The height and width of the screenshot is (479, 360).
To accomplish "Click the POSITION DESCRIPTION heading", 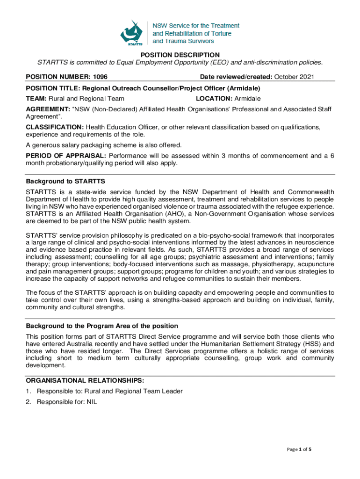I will click(x=180, y=55).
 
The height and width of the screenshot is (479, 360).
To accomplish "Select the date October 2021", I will click(x=294, y=77).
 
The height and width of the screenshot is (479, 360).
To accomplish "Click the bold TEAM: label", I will click(x=36, y=98).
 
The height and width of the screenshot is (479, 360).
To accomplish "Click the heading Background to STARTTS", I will click(x=65, y=181).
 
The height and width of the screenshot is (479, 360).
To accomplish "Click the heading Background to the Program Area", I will click(x=101, y=326).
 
